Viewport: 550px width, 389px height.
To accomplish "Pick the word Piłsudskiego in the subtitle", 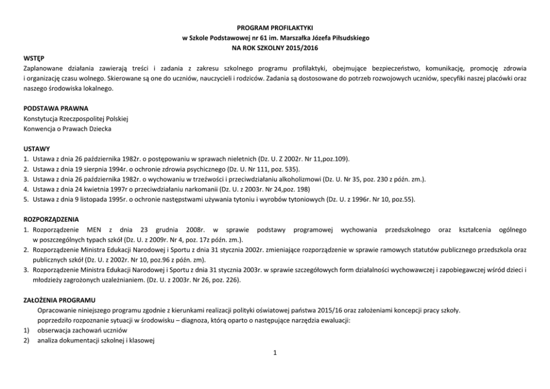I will tap(349, 38).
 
